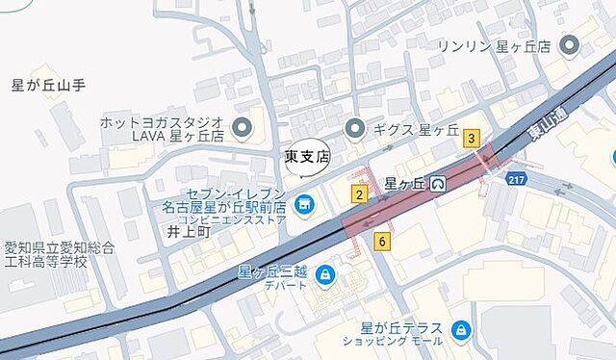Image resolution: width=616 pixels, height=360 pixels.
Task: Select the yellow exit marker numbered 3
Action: pos(471,139)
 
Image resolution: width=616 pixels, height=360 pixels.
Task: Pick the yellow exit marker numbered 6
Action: pos(383,242)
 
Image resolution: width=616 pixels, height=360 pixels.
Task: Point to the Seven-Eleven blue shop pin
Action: pos(304,203)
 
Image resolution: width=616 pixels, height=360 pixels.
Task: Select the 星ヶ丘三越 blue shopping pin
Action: pos(325,274)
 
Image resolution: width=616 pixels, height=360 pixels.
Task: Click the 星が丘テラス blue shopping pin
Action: pos(460,330)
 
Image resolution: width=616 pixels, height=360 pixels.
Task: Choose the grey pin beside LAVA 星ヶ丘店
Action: pos(242,127)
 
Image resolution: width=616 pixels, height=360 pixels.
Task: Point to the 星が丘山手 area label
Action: pos(48,85)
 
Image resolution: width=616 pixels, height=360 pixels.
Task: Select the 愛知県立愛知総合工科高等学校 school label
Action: pos(60,254)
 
